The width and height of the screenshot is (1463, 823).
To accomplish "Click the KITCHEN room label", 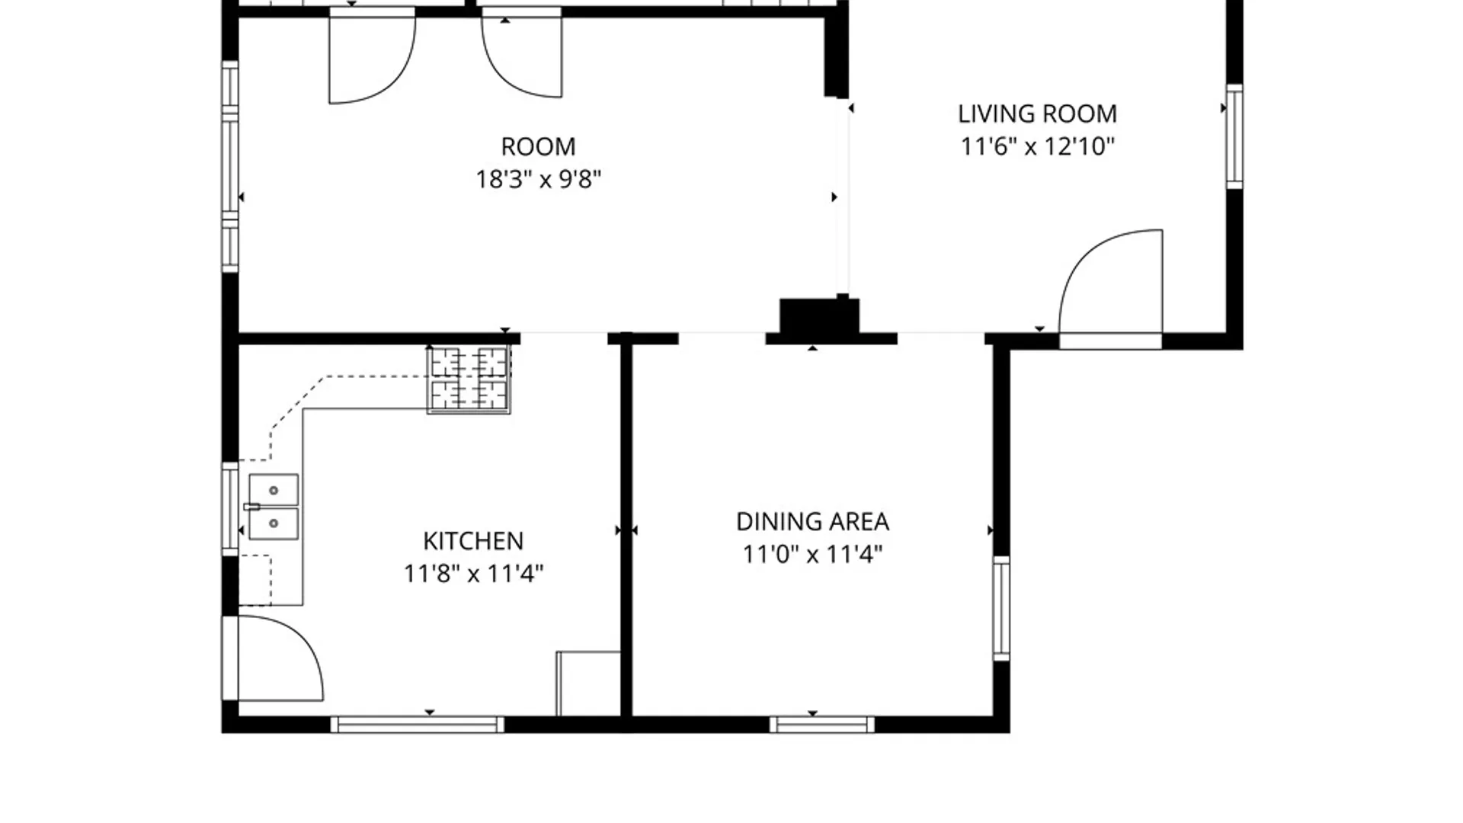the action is click(x=473, y=541).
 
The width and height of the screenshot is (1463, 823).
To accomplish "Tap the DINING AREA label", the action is click(x=812, y=522).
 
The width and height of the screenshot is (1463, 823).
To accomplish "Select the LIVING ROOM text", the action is click(x=1037, y=114).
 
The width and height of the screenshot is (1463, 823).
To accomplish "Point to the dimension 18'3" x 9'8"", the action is click(x=539, y=179).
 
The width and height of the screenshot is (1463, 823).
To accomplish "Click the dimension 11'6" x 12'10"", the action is click(x=1037, y=146).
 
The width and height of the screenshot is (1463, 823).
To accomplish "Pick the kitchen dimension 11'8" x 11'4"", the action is click(x=473, y=573).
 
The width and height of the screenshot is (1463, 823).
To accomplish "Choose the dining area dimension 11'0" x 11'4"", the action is click(x=812, y=554).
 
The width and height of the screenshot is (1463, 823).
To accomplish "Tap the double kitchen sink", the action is click(x=274, y=508).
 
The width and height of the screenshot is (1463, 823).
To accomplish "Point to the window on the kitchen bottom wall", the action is click(x=417, y=724).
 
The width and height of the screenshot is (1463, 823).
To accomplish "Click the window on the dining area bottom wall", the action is click(x=822, y=724).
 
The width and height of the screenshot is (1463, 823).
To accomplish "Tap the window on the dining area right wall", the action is click(x=1001, y=608).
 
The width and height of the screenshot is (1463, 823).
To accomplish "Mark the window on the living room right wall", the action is click(x=1234, y=136).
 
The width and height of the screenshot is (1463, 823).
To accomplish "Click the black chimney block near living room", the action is click(x=820, y=316).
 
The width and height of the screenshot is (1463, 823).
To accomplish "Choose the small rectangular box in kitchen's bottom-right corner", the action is click(x=588, y=684).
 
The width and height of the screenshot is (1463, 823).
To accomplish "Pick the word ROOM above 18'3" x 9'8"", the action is click(x=538, y=147).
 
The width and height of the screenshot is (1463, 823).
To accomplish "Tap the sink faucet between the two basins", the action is click(x=251, y=507).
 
